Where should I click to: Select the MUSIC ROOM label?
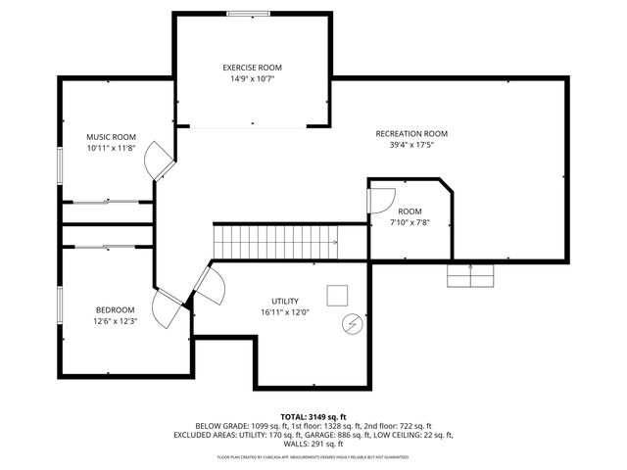pos(110,136)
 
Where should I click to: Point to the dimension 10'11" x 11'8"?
pos(110,148)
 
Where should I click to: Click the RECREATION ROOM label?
pos(410,133)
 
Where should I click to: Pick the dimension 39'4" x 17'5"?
pos(410,145)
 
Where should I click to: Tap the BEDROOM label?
pos(115,309)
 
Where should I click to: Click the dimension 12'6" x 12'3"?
pos(115,321)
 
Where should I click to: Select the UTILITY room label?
pos(285,301)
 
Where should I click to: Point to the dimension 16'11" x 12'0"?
pos(285,312)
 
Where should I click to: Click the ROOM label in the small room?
pos(410,211)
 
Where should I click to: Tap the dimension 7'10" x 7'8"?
pos(410,223)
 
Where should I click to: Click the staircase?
pos(275,240)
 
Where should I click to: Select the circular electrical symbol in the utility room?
pos(351,323)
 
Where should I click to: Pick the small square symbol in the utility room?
pos(338,295)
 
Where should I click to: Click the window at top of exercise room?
pos(250,13)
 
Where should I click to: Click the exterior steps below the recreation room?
pos(470,276)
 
